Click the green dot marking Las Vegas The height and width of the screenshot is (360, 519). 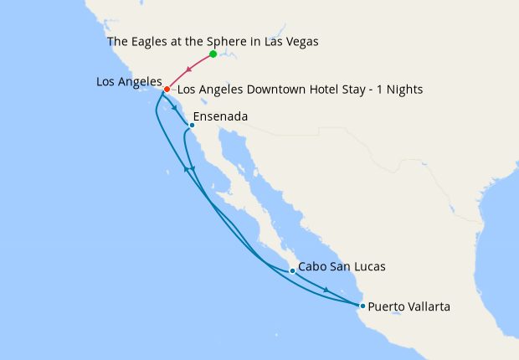point(213,54)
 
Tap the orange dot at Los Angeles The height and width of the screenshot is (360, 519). point(167,89)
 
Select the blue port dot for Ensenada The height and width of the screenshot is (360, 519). point(192,126)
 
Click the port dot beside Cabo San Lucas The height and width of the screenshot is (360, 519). point(291,270)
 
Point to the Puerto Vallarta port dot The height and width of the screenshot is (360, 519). point(362,306)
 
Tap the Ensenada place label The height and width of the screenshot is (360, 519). point(220,117)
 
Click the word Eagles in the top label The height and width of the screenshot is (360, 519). point(154,40)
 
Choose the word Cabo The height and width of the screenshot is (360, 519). point(312,266)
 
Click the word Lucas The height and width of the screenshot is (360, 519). point(369,266)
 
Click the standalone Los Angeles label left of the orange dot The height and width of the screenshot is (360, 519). point(128,81)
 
